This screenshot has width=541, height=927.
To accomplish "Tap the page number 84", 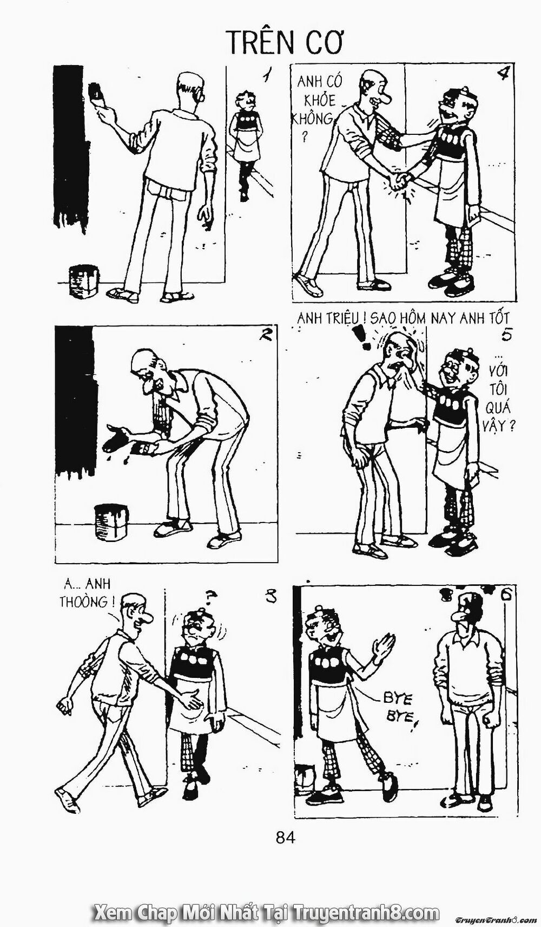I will [x=285, y=853].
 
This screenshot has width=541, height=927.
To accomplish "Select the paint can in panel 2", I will [x=111, y=523].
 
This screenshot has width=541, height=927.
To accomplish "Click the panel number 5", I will [x=505, y=335].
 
